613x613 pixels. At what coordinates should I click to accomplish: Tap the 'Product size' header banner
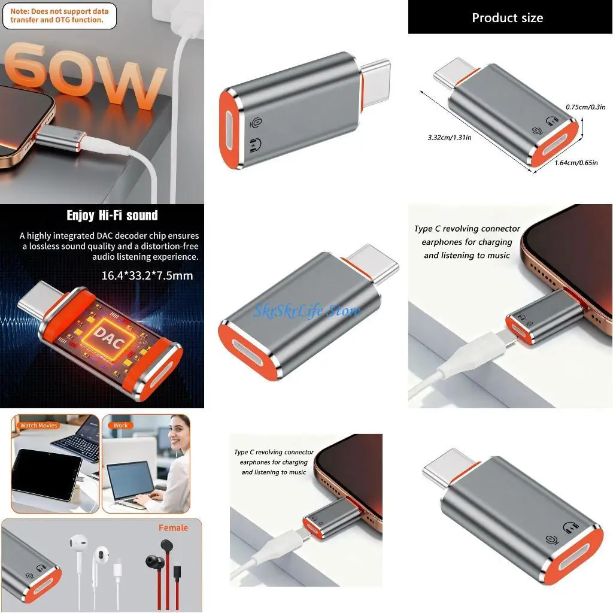(x=507, y=17)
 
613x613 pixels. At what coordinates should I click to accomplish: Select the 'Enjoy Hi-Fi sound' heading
(x=112, y=216)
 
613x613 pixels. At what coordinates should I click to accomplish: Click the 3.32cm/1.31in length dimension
(x=450, y=137)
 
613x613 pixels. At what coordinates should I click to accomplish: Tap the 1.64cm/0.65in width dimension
(x=575, y=163)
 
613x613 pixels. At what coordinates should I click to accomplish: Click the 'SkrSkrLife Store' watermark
(x=306, y=311)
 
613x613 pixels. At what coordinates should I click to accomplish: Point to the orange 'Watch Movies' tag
(x=39, y=426)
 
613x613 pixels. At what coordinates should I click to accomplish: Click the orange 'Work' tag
(x=121, y=426)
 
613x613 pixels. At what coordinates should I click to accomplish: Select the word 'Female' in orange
(x=173, y=527)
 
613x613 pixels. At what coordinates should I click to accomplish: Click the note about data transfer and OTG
(x=59, y=16)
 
